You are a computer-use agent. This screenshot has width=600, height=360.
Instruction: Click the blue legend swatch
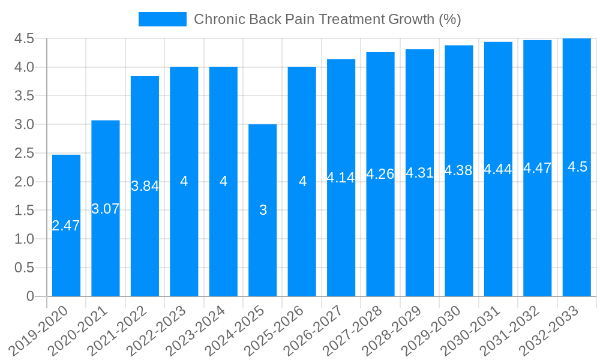click(162, 19)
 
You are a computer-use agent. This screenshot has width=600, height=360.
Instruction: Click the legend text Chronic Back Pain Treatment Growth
click(327, 19)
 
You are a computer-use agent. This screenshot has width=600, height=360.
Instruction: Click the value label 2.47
click(66, 226)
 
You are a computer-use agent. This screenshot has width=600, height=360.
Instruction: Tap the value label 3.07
click(106, 209)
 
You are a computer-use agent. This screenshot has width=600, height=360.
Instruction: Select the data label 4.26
click(380, 175)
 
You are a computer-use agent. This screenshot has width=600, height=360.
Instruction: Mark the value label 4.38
click(459, 171)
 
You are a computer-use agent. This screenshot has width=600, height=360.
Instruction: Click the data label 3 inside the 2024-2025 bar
click(263, 211)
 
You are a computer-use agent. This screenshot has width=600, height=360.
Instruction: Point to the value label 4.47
click(538, 169)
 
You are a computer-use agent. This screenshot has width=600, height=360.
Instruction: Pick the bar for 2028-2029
click(420, 240)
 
